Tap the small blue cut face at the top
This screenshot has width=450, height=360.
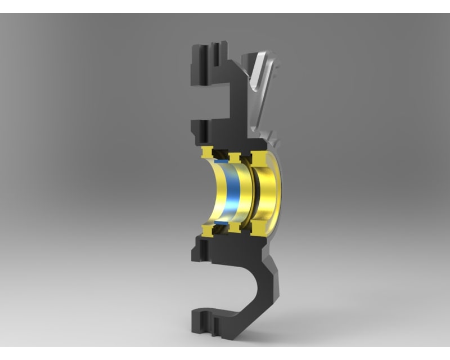point(221,161)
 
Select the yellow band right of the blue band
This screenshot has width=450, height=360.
point(245,191)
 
